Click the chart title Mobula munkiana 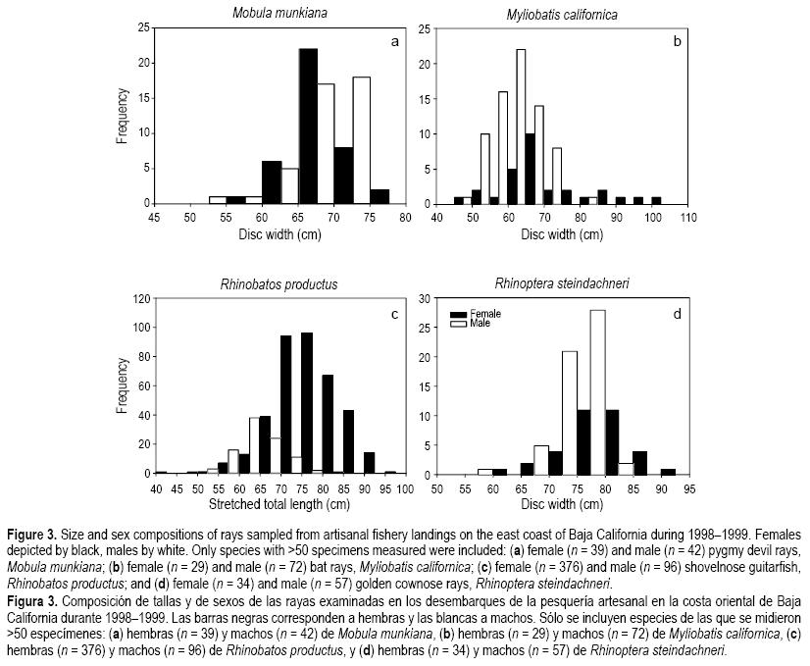click(x=278, y=13)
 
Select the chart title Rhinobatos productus click(x=279, y=284)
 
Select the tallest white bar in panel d click(x=596, y=391)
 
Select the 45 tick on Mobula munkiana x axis click(x=154, y=217)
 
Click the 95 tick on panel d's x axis click(x=689, y=487)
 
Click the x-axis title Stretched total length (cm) click(x=278, y=504)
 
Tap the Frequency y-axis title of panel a click(x=123, y=116)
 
